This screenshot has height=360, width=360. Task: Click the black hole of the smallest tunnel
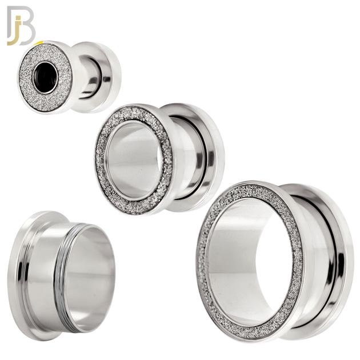click(x=43, y=74)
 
